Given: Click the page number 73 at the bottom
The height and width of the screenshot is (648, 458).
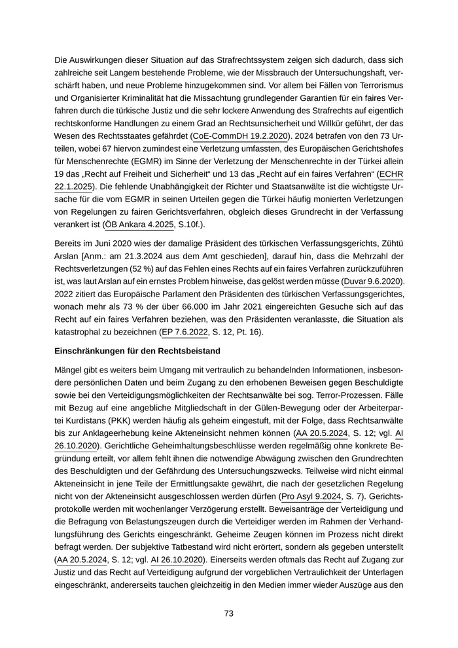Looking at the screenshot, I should point(229,613).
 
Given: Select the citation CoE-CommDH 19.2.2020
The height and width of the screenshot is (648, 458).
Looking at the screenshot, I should point(240,136).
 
